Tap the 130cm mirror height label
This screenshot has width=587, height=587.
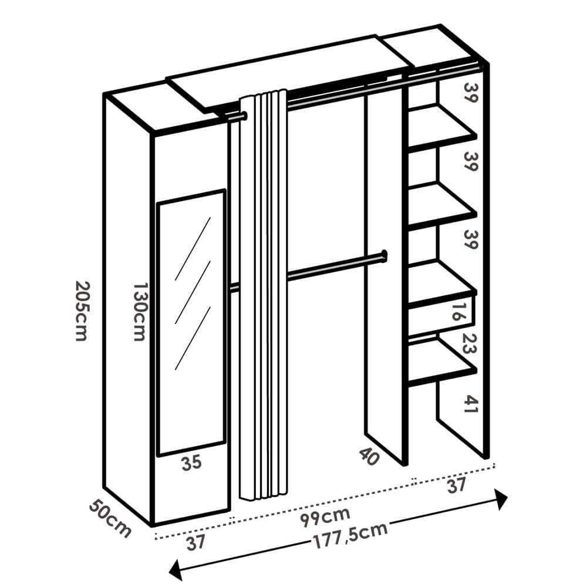[140, 312]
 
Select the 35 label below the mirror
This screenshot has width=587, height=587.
[191, 463]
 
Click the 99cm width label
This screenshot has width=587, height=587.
[325, 516]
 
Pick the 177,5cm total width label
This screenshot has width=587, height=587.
[350, 535]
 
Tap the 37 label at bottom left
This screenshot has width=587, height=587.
[196, 542]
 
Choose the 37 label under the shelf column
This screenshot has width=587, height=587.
[456, 485]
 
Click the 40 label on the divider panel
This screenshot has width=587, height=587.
[369, 457]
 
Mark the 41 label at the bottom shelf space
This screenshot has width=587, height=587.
[471, 404]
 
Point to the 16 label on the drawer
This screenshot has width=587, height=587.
[456, 312]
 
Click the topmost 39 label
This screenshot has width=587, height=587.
[471, 93]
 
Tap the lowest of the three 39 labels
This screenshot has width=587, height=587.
[471, 239]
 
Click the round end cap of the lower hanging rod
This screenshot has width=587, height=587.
[384, 256]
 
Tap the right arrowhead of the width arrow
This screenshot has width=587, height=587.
[502, 500]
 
